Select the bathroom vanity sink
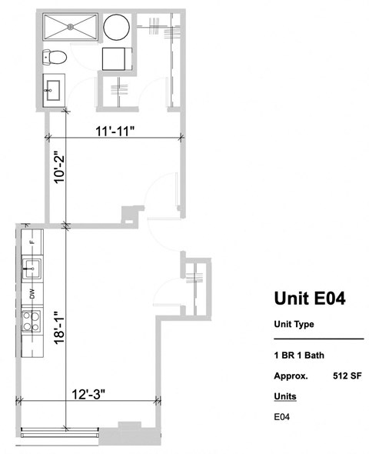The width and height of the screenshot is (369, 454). click(x=52, y=90)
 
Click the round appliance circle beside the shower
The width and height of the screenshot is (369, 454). click(x=118, y=28)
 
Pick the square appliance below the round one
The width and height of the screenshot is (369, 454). click(x=118, y=58)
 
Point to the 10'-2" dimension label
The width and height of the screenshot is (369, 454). click(x=56, y=184)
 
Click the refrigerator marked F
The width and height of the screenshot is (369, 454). click(x=32, y=241)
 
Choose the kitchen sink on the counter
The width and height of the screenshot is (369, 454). click(x=32, y=269)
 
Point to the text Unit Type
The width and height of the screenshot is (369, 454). click(x=294, y=324)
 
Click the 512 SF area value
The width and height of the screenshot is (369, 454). click(x=348, y=376)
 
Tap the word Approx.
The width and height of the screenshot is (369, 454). click(x=291, y=376)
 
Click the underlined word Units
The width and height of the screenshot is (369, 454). click(x=284, y=396)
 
